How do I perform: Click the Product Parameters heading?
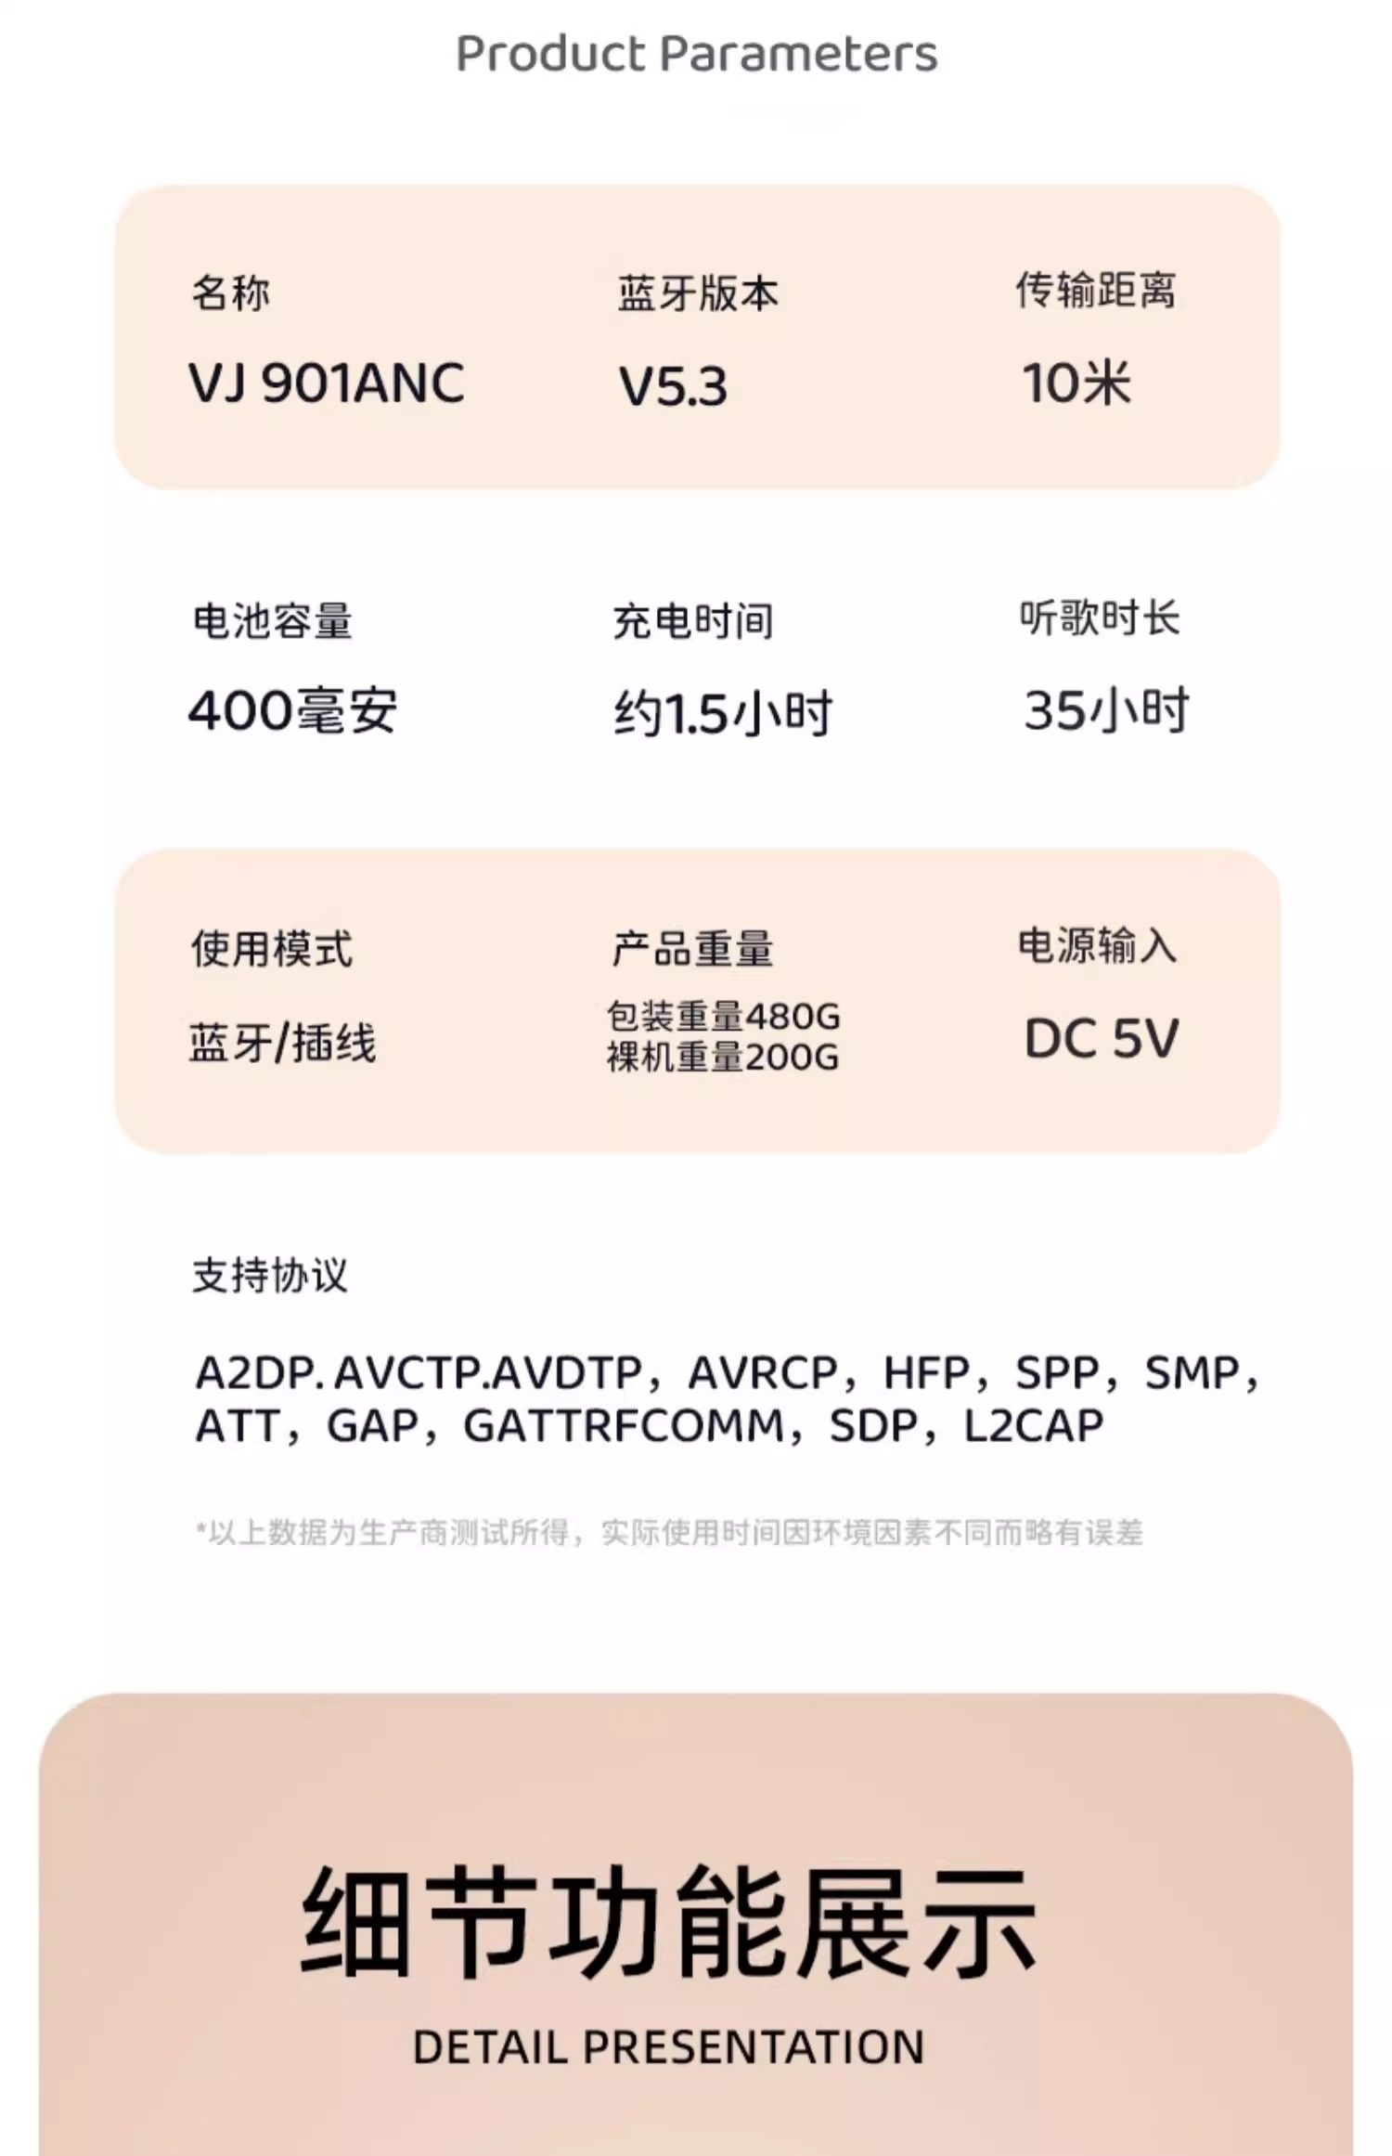coord(696,54)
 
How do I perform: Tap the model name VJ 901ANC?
coord(327,383)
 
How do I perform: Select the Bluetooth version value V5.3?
coord(673,386)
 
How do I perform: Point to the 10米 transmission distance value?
coord(1076,383)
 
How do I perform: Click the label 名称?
coord(231,293)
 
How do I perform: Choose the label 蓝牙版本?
coord(698,293)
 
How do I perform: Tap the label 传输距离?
coord(1095,291)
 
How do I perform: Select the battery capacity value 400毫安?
coord(292,711)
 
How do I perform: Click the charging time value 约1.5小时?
coord(723,714)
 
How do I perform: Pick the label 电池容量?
coord(272,621)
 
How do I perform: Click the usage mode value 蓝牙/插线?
coord(283,1042)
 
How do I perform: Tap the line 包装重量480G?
coord(723,1016)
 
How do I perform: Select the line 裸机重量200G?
coord(723,1057)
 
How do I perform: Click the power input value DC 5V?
coord(1101,1038)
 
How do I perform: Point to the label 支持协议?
coord(269,1275)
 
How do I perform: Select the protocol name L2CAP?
coord(1034,1426)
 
